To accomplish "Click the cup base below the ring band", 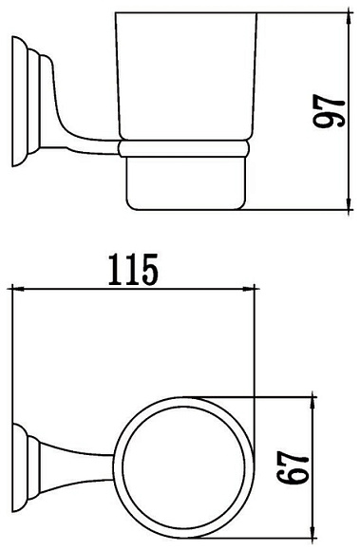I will (182, 182).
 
